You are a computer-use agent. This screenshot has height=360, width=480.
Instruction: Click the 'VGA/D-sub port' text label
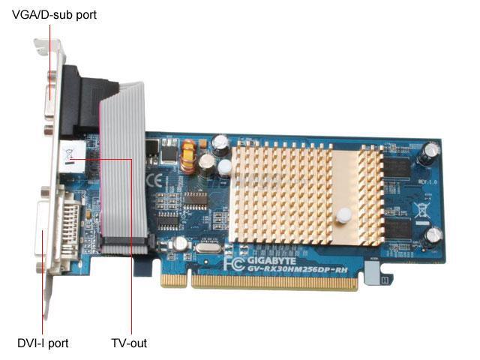54,14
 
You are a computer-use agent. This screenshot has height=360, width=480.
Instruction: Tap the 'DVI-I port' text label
43,343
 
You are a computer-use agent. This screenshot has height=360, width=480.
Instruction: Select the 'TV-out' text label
129,343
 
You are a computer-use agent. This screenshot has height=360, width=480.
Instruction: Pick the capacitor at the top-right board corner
430,150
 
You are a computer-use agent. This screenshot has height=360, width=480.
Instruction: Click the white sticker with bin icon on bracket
68,158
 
